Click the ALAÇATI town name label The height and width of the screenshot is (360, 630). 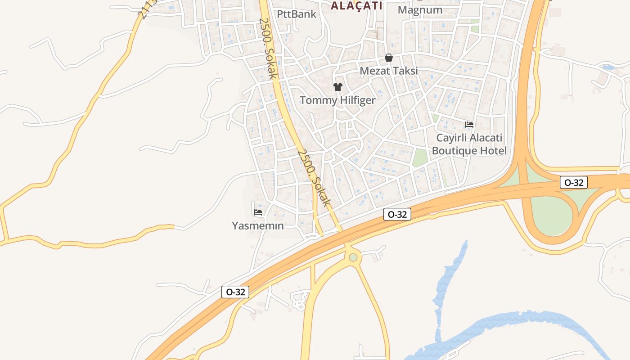(356, 5)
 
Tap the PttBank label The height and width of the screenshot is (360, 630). (297, 14)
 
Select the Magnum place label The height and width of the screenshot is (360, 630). (420, 10)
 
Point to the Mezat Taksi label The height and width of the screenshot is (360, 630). (389, 71)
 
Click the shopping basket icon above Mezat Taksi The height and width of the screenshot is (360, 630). (389, 58)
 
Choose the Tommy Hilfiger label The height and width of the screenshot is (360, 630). (337, 100)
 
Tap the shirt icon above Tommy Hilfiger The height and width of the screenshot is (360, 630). (337, 86)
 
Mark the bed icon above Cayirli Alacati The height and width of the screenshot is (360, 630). (469, 124)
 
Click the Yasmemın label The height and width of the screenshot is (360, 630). (258, 225)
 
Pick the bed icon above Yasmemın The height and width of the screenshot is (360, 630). (258, 212)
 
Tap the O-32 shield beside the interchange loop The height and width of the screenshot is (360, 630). (574, 182)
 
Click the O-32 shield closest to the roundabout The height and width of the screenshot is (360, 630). (397, 215)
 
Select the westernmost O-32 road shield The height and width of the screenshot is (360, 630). (235, 292)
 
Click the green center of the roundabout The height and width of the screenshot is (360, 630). (353, 257)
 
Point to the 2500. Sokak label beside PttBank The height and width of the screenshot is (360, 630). (268, 48)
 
